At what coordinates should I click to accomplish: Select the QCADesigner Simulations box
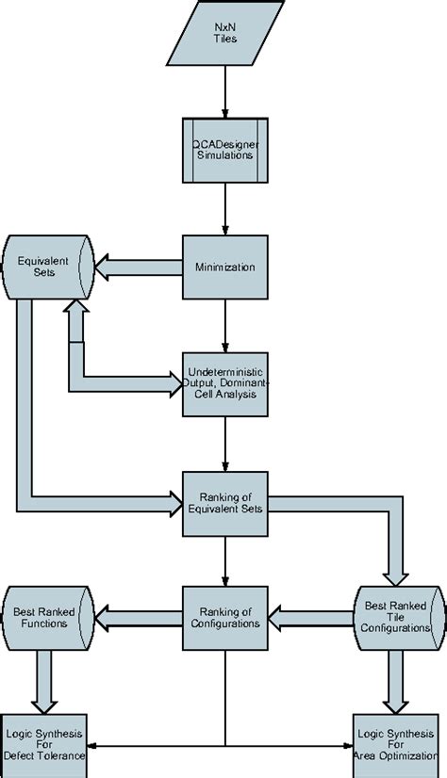224,149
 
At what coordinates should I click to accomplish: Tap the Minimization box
224,267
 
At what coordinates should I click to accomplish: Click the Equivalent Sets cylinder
47,267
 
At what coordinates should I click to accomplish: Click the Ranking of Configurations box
224,617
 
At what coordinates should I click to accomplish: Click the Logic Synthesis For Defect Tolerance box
43,744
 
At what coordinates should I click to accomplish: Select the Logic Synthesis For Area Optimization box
395,744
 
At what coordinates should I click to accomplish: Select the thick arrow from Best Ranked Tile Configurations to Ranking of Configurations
311,618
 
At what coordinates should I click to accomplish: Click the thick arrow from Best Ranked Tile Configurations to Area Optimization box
395,680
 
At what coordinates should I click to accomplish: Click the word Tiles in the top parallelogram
224,41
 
